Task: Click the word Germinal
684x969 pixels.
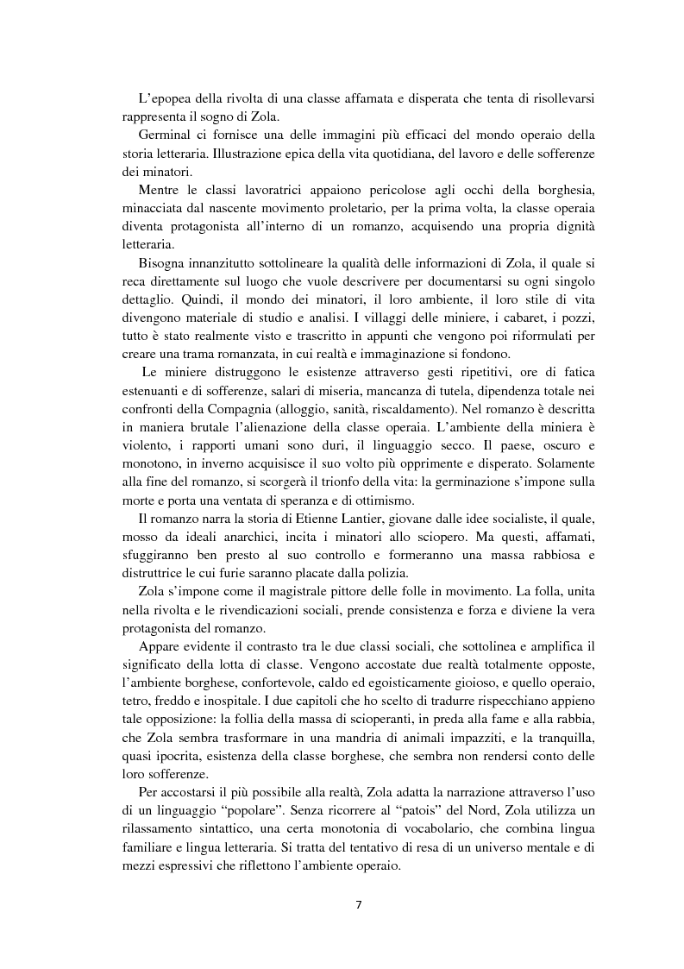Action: coord(166,137)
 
